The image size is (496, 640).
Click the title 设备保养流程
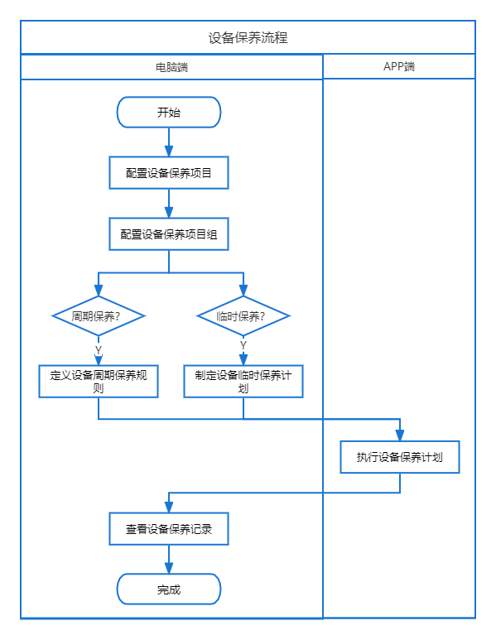click(x=248, y=38)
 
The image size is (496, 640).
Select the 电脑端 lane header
click(x=171, y=67)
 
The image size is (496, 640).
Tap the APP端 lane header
click(x=399, y=66)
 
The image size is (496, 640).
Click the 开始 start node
click(x=169, y=113)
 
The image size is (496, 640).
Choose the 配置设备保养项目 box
click(x=169, y=173)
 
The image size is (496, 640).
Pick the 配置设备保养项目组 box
click(x=169, y=233)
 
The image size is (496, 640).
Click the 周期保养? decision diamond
click(x=99, y=316)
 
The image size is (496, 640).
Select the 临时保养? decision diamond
click(x=243, y=316)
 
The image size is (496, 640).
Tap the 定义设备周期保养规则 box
click(x=99, y=381)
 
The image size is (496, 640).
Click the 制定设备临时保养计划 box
click(x=243, y=381)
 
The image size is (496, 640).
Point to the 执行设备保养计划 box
click(x=400, y=457)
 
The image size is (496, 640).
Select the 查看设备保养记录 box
click(x=169, y=529)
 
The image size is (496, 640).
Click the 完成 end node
click(x=169, y=589)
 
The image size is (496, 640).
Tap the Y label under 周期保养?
click(x=99, y=350)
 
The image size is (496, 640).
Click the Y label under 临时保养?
click(x=243, y=345)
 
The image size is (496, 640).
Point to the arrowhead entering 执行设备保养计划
click(x=400, y=435)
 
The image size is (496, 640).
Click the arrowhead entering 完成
click(x=169, y=568)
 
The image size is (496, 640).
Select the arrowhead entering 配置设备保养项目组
click(x=169, y=212)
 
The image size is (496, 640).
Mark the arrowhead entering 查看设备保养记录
click(x=169, y=508)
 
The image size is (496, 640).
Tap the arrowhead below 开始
click(x=169, y=151)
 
